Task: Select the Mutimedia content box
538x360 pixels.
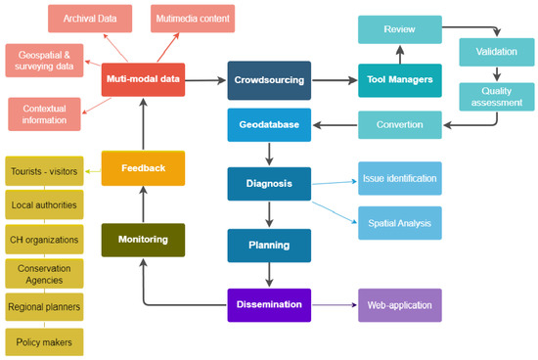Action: tap(193, 18)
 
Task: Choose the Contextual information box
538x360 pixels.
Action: tap(44, 113)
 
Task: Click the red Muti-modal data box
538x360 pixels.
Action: tap(143, 80)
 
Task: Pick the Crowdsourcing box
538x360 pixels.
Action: tap(269, 80)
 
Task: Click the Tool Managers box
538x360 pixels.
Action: tap(399, 80)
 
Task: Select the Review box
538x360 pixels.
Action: tap(399, 30)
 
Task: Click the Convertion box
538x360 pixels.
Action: tap(399, 124)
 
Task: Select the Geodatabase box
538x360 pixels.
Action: tap(269, 124)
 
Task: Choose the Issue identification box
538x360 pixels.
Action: tap(399, 178)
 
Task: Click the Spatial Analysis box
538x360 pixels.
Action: tap(399, 222)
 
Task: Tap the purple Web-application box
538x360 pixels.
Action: tap(399, 304)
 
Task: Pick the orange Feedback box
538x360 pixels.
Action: tap(143, 168)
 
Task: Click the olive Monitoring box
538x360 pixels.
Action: tap(143, 239)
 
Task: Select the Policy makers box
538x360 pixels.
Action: tap(44, 340)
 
